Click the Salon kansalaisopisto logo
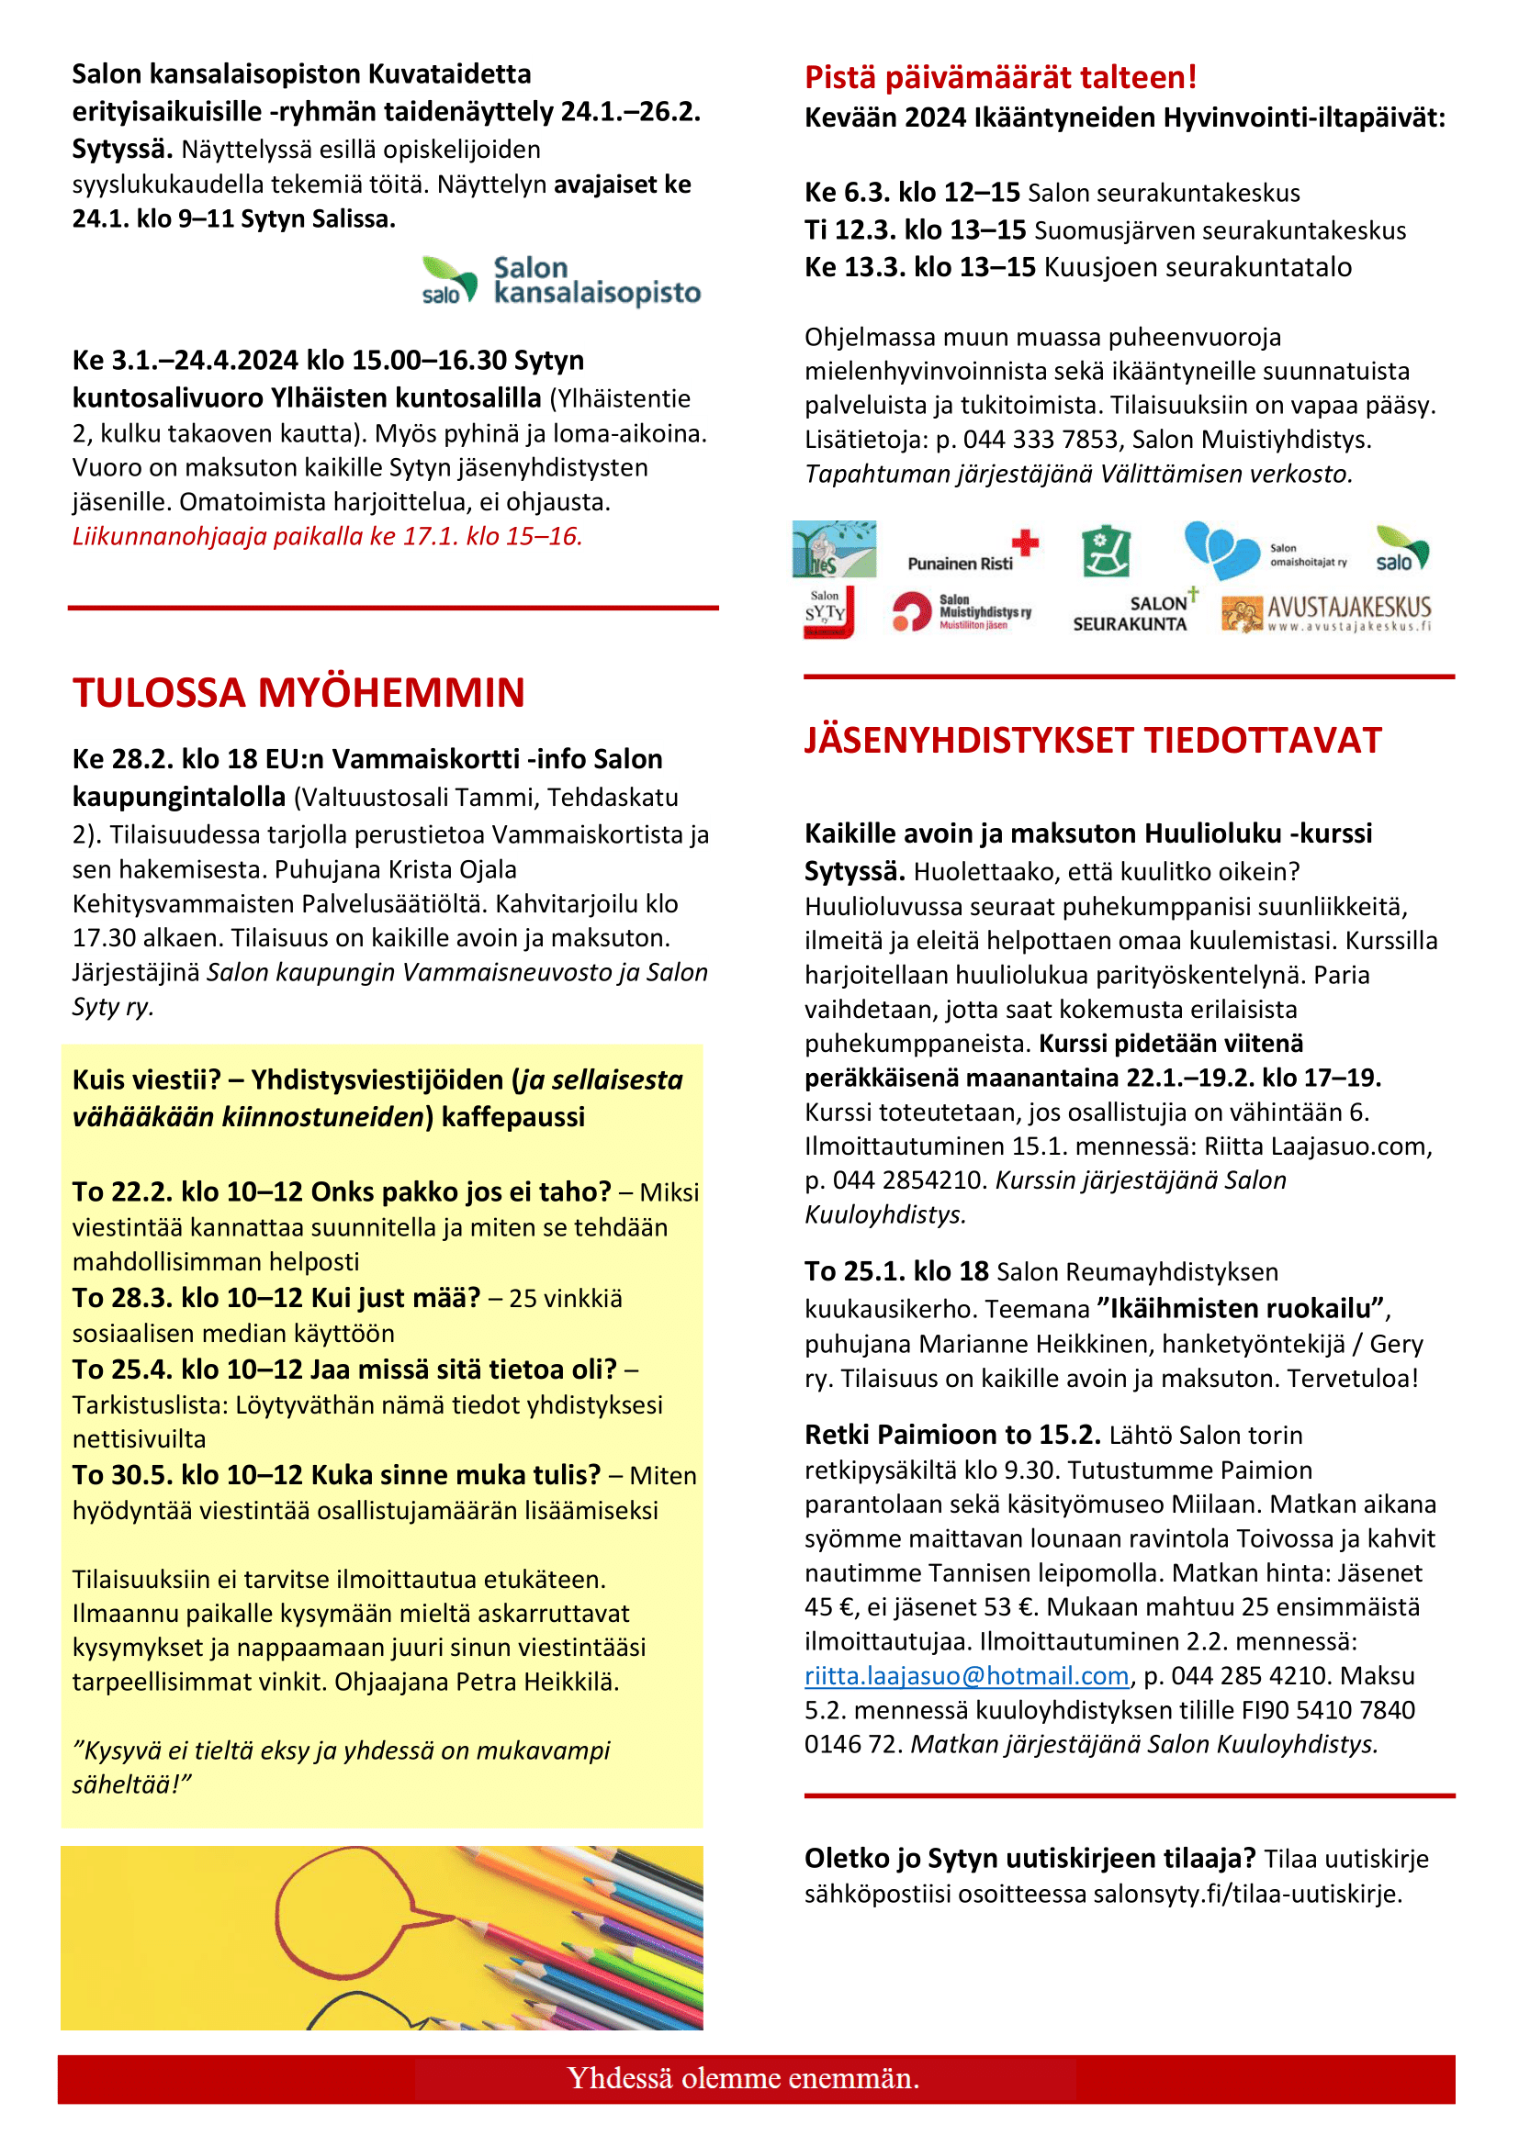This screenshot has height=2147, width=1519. click(561, 281)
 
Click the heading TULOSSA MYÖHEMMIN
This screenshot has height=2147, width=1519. click(298, 693)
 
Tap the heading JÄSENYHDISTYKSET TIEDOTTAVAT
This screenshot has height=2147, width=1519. click(1093, 741)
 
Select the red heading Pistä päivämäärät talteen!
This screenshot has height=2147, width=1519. click(1000, 77)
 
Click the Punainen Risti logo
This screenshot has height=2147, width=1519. click(973, 552)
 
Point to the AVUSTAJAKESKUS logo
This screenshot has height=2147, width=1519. click(1326, 613)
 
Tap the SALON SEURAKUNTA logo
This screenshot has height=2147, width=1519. click(1133, 612)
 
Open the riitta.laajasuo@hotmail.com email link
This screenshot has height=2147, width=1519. click(966, 1676)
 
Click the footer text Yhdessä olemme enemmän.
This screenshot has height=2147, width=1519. click(743, 2078)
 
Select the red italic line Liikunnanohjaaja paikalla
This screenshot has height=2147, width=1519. click(327, 537)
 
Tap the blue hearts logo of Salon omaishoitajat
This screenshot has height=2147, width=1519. click(1220, 550)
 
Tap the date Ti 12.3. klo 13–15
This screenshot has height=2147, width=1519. click(915, 230)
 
